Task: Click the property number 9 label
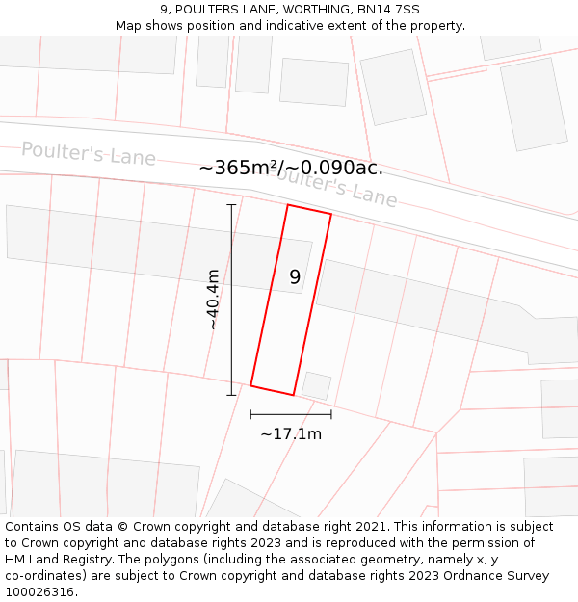295,277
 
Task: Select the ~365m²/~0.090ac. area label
291,168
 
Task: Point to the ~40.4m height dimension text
212,300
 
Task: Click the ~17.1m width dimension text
291,433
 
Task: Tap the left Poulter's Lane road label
89,153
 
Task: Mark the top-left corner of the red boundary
288,204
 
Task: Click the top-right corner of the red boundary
331,214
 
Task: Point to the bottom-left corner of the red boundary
250,386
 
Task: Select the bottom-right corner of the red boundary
294,395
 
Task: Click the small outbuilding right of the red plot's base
316,386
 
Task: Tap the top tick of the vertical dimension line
231,205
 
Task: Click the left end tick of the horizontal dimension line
250,414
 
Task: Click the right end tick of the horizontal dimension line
331,414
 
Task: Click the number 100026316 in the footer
40,591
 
